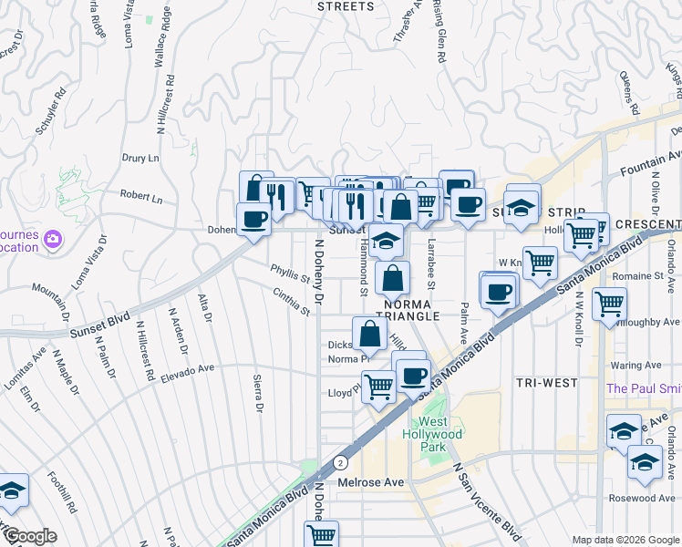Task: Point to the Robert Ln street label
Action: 140,197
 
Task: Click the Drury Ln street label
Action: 140,158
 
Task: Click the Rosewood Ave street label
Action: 645,498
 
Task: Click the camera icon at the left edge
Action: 52,239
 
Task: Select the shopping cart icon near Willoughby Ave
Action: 609,303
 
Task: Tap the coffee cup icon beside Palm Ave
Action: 498,293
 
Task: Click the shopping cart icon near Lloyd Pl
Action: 377,386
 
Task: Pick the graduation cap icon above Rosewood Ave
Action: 645,462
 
